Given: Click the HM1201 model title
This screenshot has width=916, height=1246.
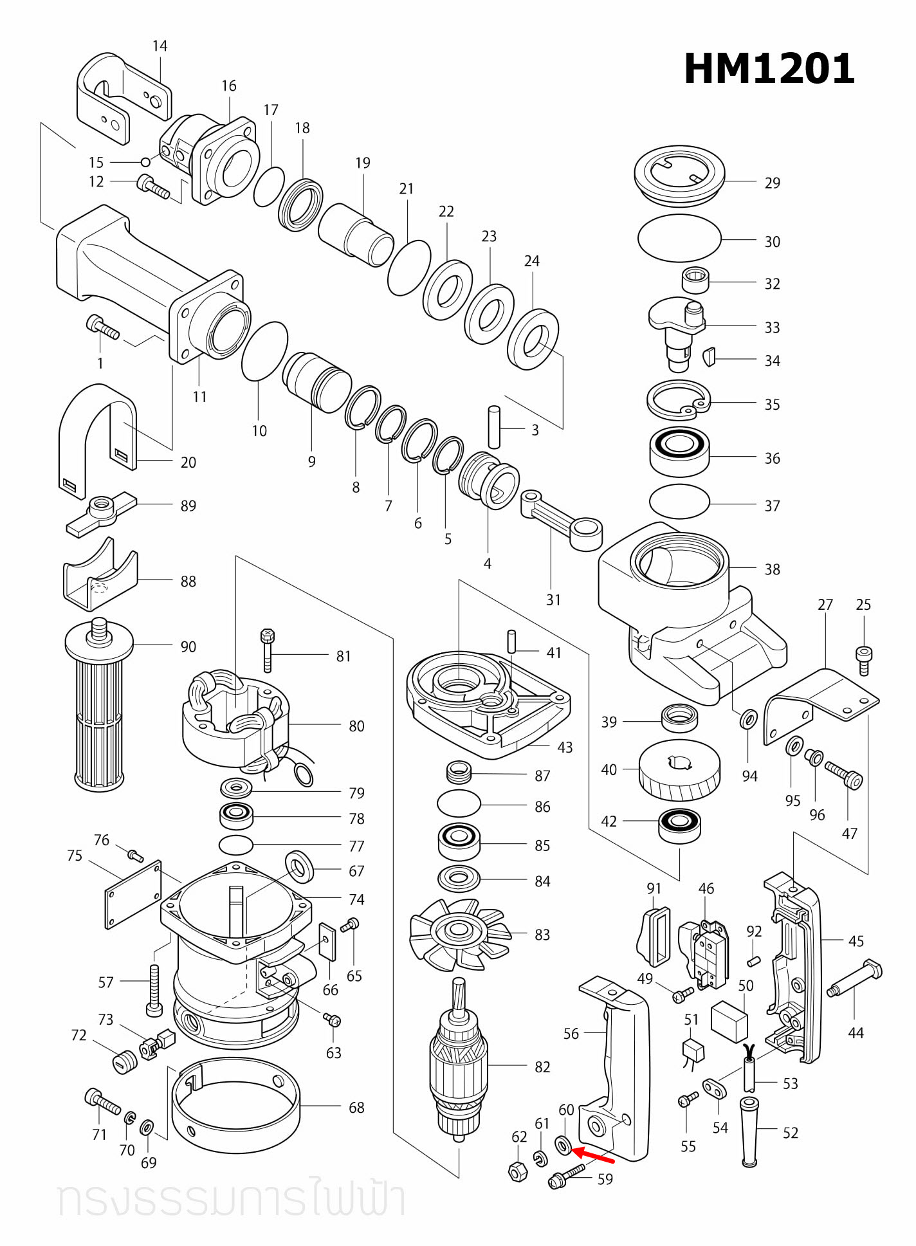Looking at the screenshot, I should pos(769,69).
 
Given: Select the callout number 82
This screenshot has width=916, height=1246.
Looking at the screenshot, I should pos(542,1067).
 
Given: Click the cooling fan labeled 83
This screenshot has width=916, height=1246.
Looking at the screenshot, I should pos(459,933).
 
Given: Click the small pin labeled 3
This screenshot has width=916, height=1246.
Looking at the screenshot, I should pos(494,426).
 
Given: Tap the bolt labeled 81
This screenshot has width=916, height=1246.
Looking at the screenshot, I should pos(268,650).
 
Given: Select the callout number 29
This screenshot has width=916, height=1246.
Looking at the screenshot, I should pos(772,183).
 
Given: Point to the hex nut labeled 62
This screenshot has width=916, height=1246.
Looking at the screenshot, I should pos(518,1171).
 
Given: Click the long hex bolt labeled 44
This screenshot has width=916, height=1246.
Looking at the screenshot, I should pos(856,980).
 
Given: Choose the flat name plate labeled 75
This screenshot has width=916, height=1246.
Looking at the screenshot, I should pos(133,894).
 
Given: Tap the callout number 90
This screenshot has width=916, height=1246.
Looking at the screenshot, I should pos(188,646).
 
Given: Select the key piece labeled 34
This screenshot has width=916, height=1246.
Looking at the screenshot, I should pos(709,356).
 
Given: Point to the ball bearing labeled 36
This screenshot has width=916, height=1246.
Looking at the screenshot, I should pos(679,452).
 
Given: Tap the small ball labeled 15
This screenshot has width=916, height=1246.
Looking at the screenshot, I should pos(146,162).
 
